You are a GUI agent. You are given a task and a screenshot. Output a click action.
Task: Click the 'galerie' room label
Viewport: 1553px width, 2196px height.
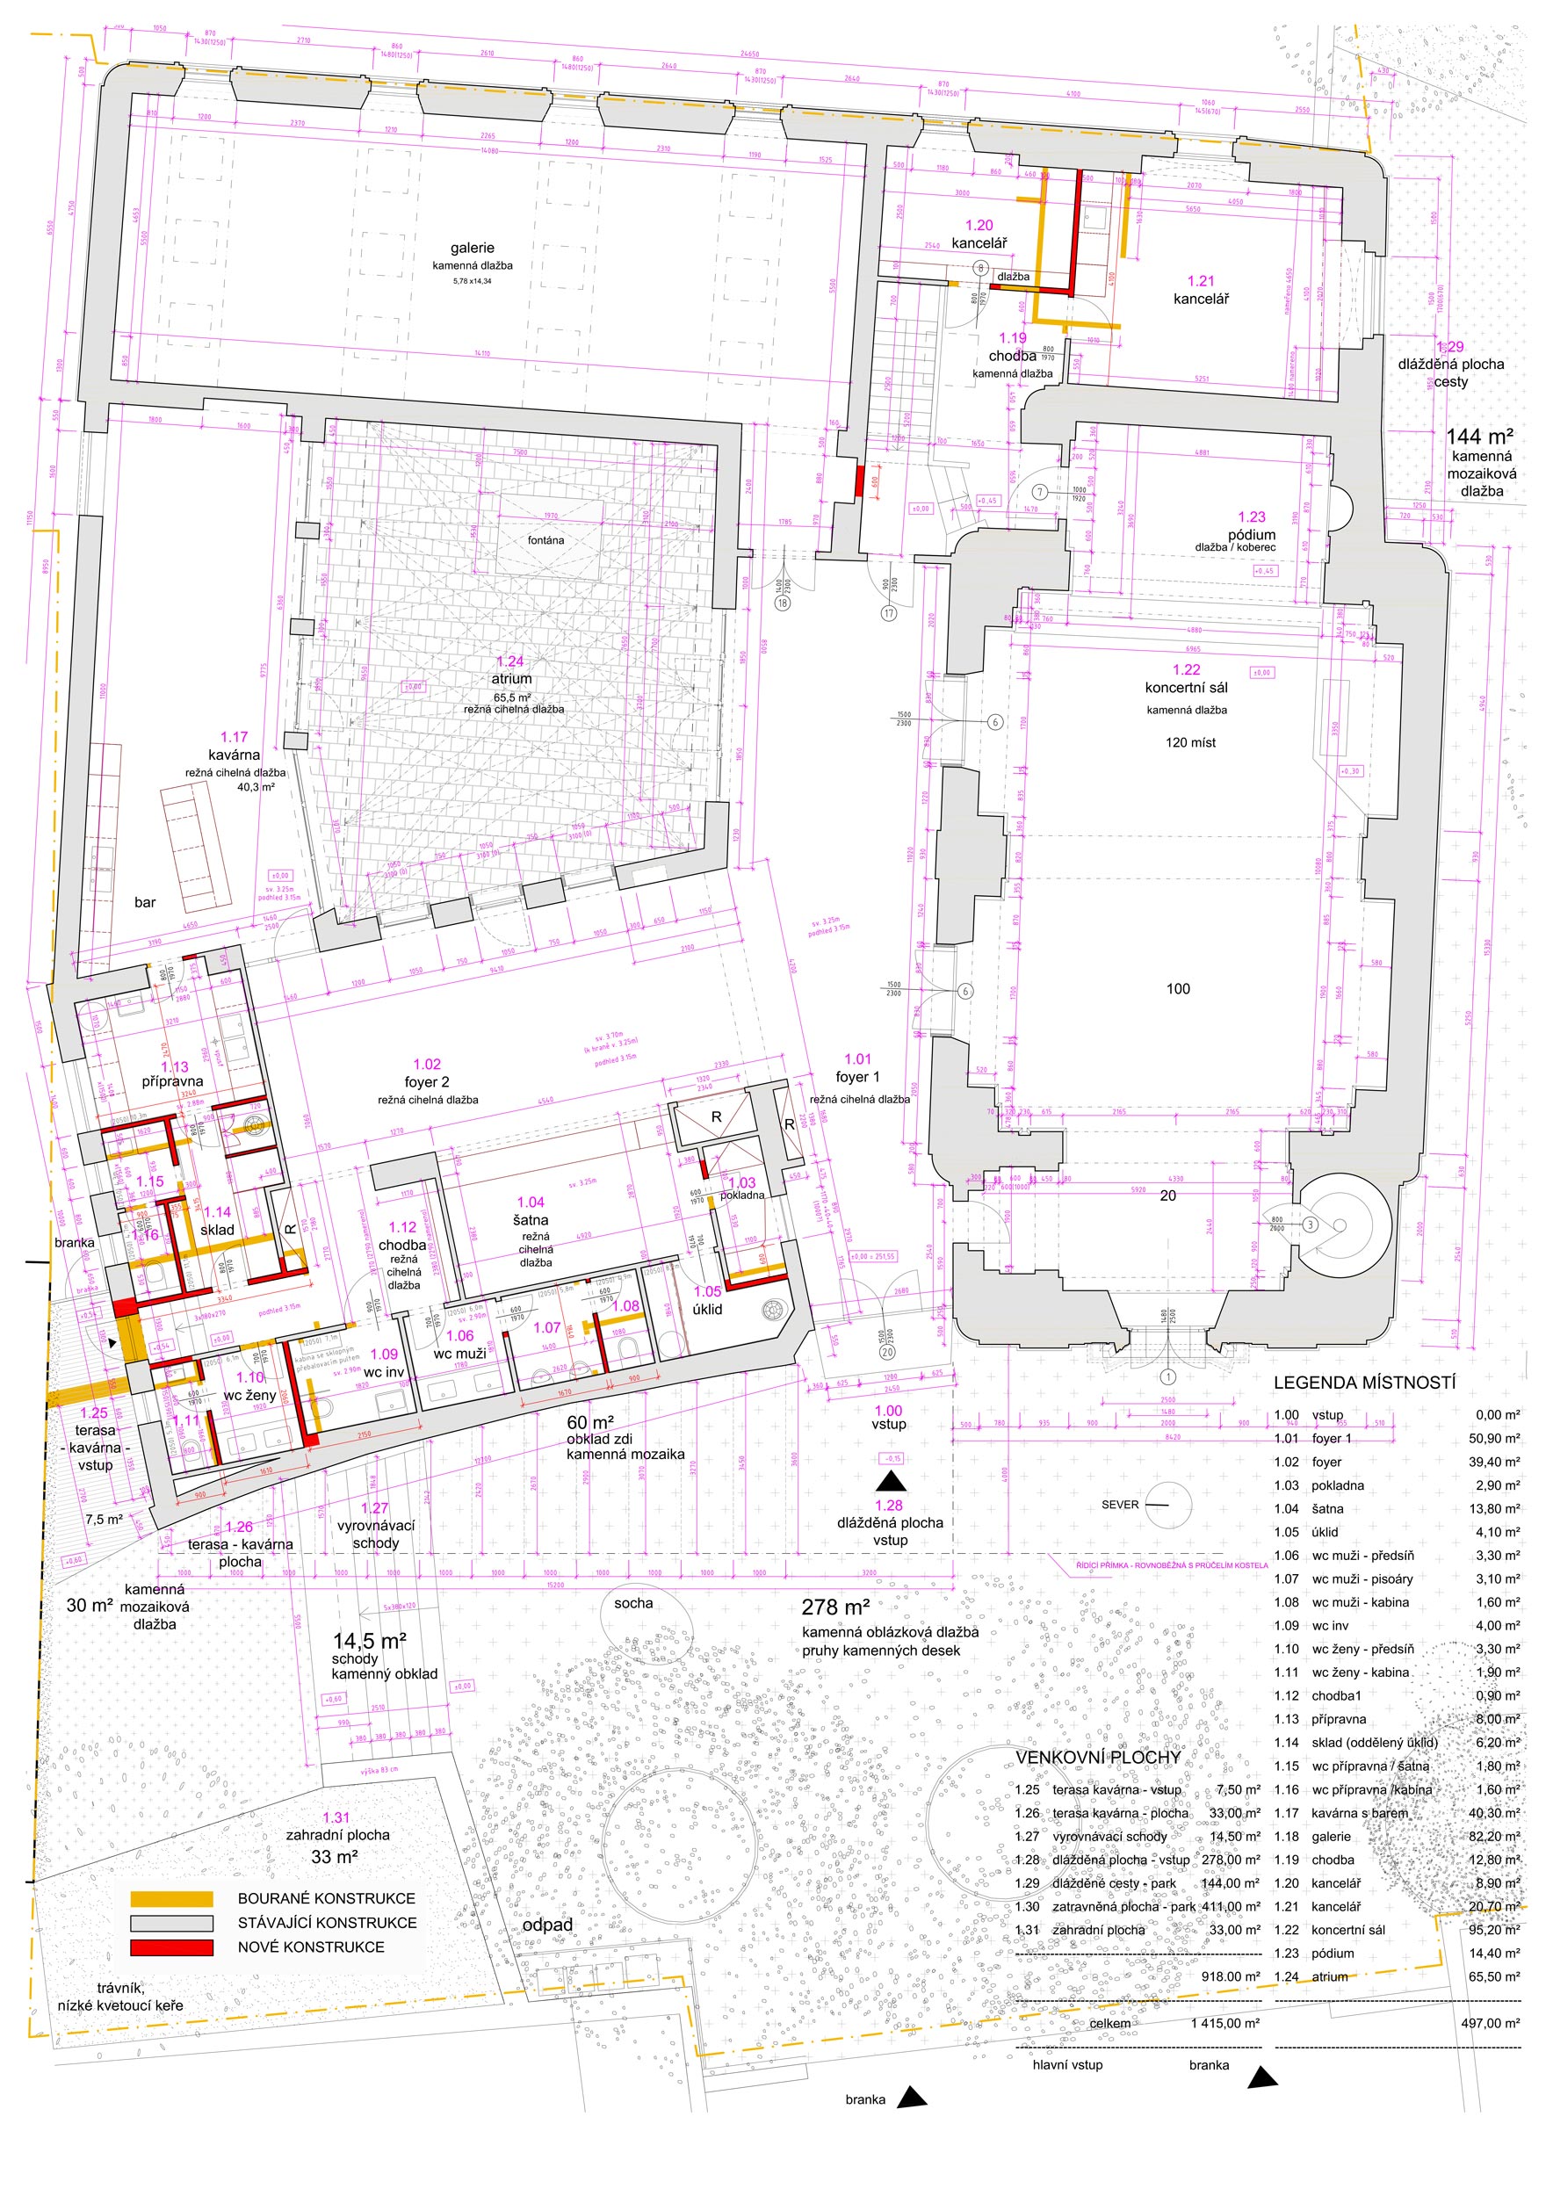click(473, 248)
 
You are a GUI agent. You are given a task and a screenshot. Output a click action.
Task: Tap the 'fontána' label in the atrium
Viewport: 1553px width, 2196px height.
click(546, 540)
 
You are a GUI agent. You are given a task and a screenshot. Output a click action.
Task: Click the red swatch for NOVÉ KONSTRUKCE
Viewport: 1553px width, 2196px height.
click(172, 1947)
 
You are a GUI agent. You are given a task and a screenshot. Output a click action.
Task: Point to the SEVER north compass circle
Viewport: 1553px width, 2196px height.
click(1167, 1505)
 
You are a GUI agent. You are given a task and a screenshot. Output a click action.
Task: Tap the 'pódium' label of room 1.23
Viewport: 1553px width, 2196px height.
click(1252, 535)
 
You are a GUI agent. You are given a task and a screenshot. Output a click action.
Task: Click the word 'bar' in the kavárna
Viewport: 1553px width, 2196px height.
click(145, 902)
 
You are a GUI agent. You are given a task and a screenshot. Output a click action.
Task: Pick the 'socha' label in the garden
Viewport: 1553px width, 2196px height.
click(633, 1603)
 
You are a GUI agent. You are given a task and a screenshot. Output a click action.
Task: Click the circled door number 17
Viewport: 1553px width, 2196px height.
click(888, 613)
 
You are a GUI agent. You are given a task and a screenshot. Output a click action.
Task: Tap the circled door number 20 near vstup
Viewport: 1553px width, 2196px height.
click(887, 1353)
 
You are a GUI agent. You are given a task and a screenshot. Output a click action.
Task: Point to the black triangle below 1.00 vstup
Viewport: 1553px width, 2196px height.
click(892, 1484)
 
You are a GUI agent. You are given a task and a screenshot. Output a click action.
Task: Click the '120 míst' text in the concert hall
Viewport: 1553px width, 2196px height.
click(1190, 742)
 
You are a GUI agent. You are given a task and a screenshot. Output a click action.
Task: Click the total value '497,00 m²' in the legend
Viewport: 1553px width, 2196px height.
click(1490, 2023)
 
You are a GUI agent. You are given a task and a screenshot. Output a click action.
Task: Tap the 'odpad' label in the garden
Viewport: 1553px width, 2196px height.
click(547, 1925)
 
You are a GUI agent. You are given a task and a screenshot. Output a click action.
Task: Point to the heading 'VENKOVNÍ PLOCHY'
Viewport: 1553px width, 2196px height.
click(1098, 1758)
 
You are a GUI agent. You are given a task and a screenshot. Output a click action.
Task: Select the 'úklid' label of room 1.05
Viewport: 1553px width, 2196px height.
click(708, 1310)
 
